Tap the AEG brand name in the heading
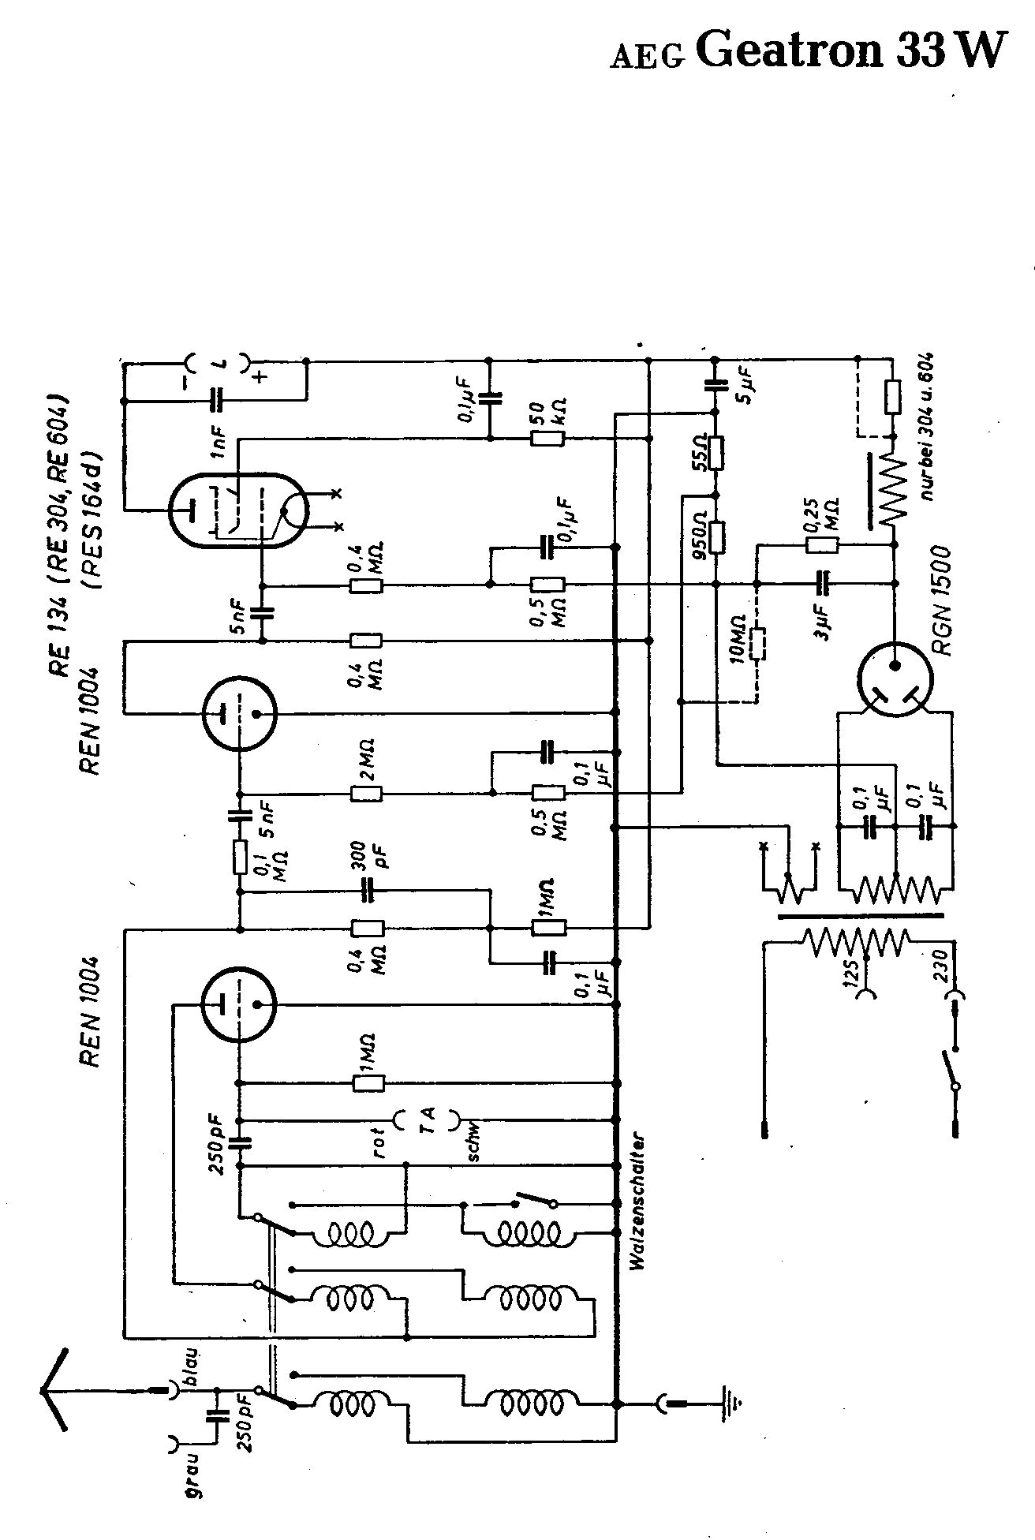pos(646,58)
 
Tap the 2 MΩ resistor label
pos(366,761)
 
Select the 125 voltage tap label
pos(850,975)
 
